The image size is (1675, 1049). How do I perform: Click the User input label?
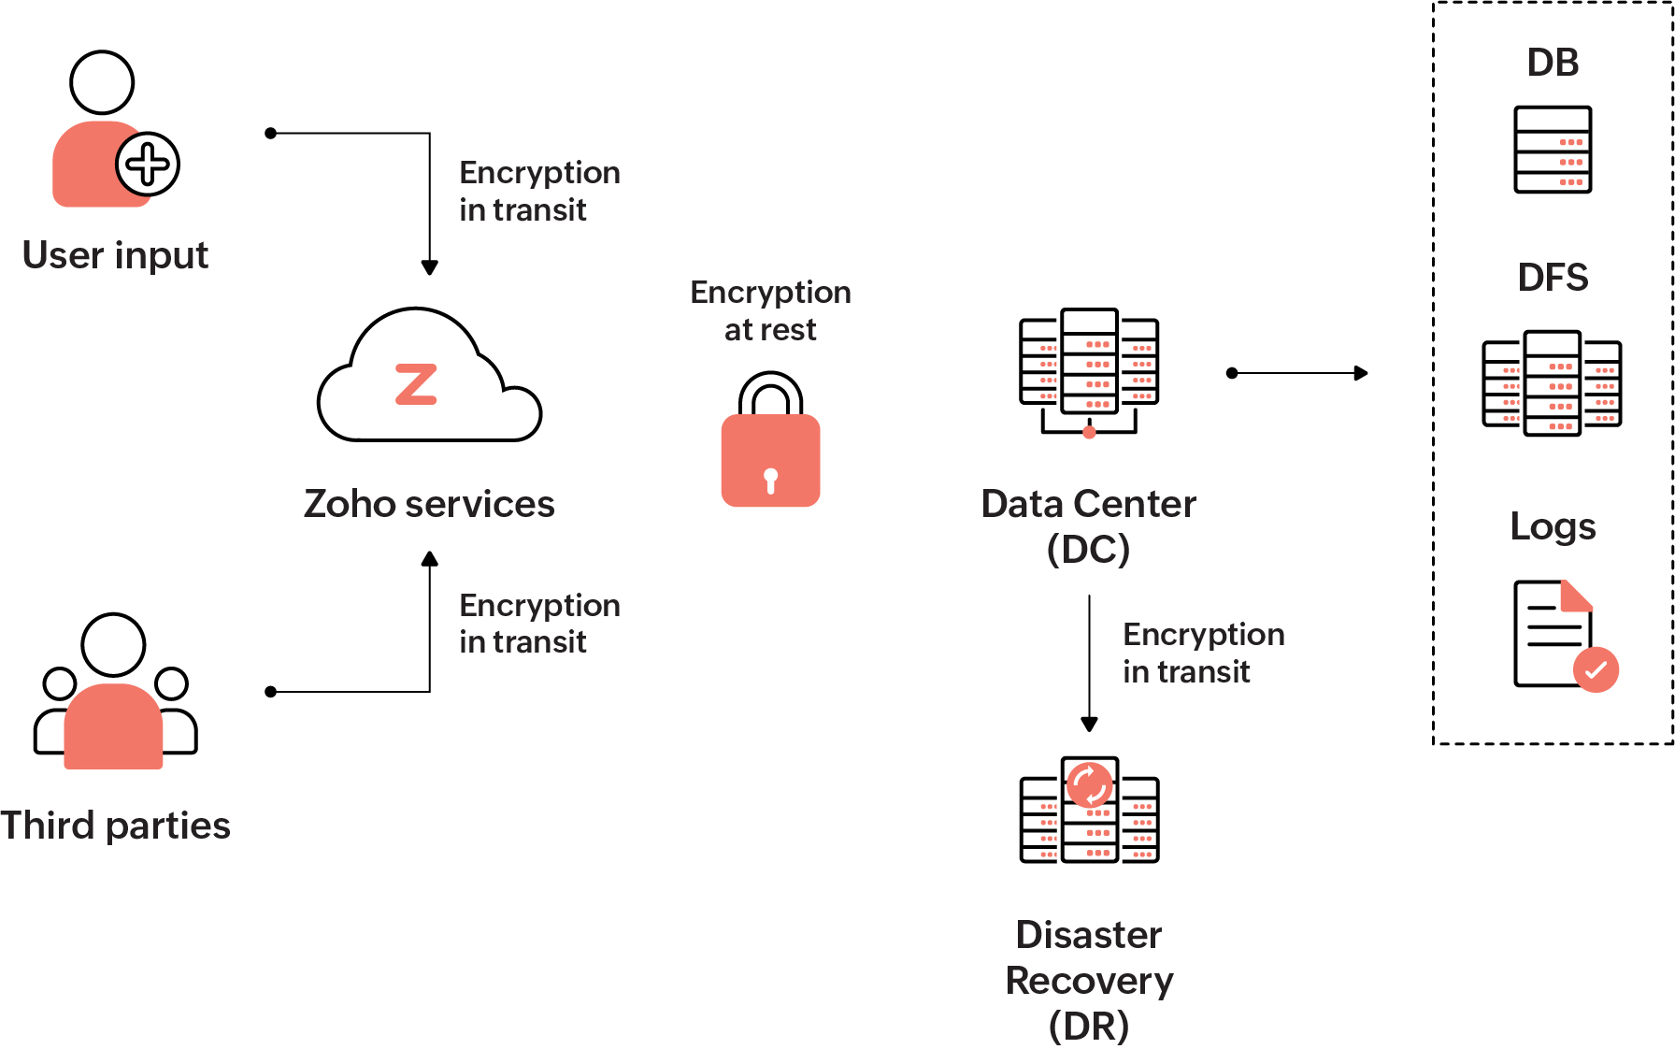click(x=115, y=255)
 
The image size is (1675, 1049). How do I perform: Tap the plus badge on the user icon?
click(x=148, y=165)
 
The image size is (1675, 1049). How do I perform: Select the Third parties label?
click(x=115, y=826)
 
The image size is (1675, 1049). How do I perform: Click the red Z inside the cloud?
click(x=416, y=384)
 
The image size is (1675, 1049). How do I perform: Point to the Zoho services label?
click(x=429, y=504)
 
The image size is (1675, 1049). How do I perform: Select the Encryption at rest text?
click(x=770, y=310)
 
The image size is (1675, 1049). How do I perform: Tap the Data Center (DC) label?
click(x=1088, y=525)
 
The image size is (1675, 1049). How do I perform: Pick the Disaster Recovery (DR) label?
click(x=1089, y=980)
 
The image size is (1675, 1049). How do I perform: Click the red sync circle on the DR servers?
click(x=1090, y=784)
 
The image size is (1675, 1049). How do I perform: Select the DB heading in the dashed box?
click(x=1553, y=63)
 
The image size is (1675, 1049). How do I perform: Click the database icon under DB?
click(x=1553, y=150)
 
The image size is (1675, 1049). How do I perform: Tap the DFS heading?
click(x=1553, y=278)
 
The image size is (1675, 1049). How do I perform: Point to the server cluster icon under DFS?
click(x=1552, y=383)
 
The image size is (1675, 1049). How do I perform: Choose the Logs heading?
click(x=1553, y=526)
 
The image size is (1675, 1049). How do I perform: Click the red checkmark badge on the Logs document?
click(x=1596, y=669)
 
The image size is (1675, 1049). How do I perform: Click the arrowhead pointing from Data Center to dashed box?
click(x=1362, y=373)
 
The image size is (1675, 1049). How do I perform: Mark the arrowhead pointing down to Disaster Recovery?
click(x=1089, y=725)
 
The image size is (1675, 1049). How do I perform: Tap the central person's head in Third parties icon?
click(x=113, y=645)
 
